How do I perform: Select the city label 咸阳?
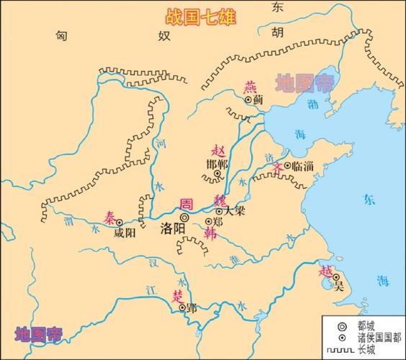pos(125,233)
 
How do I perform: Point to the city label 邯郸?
pos(217,164)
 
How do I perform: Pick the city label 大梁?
pos(234,212)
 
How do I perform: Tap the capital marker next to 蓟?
pos(249,101)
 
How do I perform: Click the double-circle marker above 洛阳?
pos(184,216)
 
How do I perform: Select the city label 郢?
pos(191,307)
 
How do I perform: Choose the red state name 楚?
pos(176,295)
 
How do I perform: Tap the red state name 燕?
pos(251,87)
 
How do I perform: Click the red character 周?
pos(186,203)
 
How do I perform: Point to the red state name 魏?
pos(221,200)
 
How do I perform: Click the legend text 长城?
pos(365,351)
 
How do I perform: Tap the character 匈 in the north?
pos(66,35)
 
